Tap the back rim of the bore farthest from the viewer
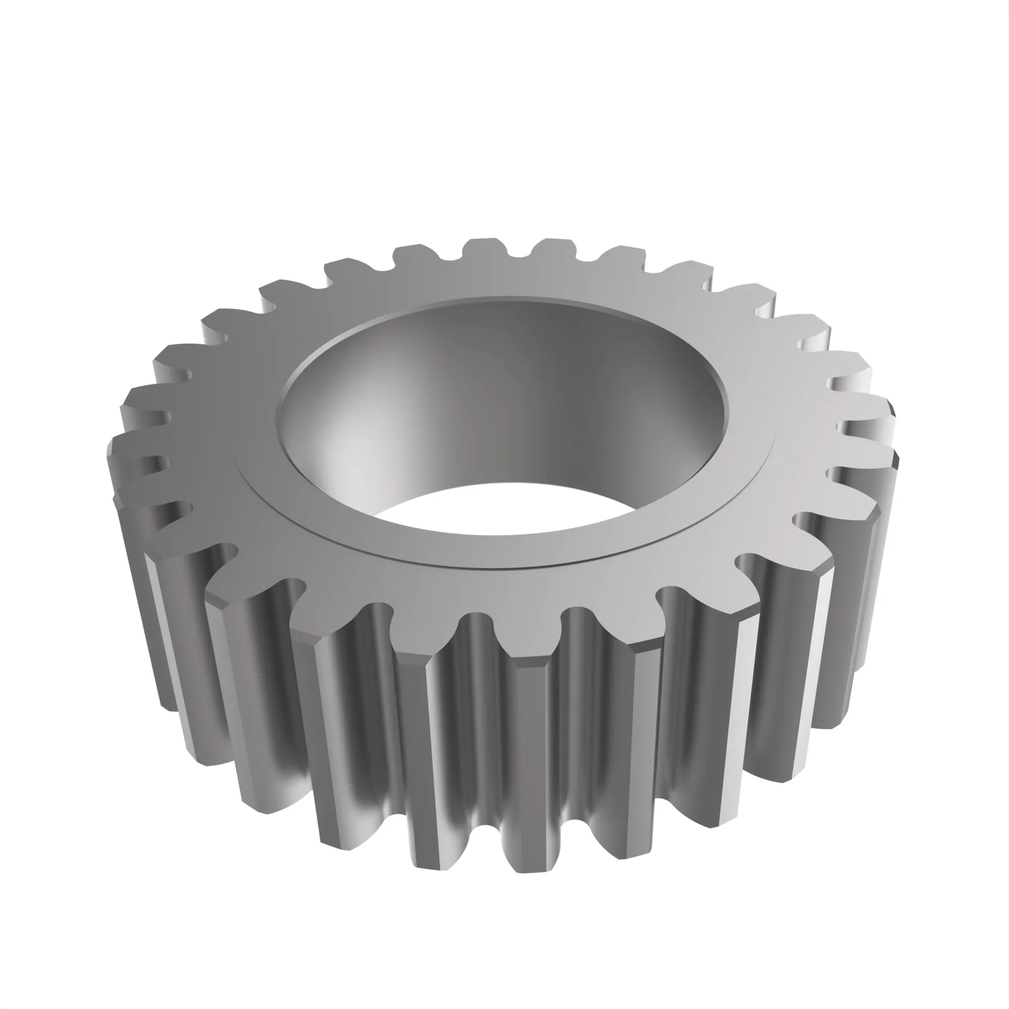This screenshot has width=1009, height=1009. coord(501,299)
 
